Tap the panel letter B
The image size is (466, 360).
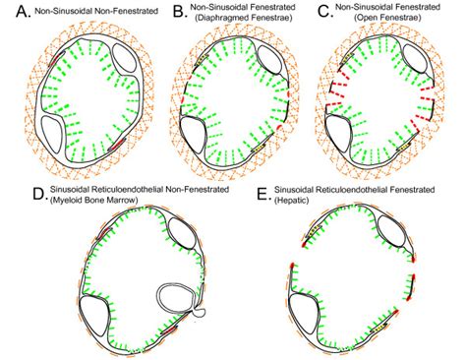(x=179, y=13)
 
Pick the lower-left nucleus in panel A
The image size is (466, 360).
(x=56, y=129)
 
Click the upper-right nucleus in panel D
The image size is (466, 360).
(x=184, y=233)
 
